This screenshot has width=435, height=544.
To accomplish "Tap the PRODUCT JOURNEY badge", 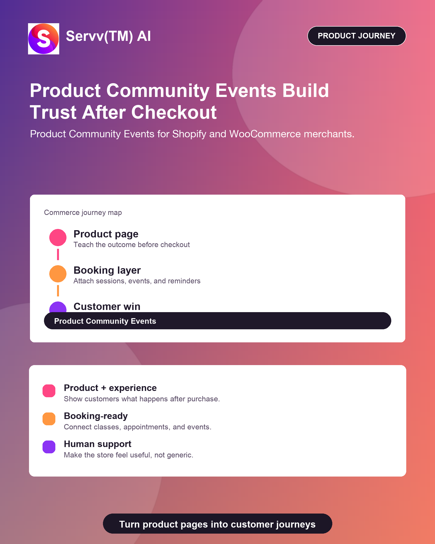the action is (356, 36).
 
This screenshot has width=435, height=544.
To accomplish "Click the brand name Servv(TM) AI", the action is (108, 36).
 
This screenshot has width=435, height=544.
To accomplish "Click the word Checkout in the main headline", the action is (174, 112).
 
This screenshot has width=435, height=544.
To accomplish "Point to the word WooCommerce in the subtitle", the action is (265, 134).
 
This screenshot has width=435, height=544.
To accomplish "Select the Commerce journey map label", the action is (83, 213).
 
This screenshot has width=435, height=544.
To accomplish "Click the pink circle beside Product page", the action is (58, 237).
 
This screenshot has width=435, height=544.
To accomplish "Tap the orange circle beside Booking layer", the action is (58, 274).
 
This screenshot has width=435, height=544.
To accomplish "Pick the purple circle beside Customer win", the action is (58, 307).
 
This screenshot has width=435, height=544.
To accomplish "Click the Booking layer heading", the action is (107, 271).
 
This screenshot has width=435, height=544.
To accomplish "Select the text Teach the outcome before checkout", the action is (132, 245).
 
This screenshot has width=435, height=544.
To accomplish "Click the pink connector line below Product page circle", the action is (58, 254).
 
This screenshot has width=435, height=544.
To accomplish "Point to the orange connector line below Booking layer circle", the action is (58, 291).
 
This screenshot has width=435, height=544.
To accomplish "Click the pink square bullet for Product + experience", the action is (49, 391).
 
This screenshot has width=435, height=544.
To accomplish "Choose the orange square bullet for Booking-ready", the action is (49, 419).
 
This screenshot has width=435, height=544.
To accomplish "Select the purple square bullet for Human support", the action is (49, 447).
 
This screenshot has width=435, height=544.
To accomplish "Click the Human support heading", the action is (98, 444).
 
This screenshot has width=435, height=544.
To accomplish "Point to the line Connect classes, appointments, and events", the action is (138, 427).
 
